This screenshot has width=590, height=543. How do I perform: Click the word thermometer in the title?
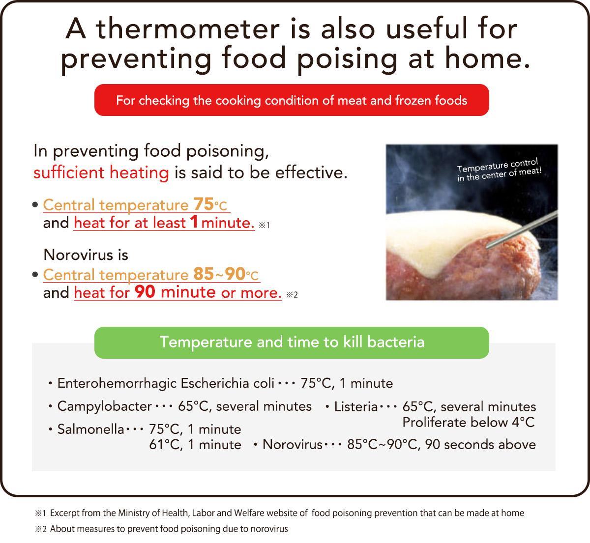click(188, 29)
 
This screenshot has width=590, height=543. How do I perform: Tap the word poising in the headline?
click(347, 58)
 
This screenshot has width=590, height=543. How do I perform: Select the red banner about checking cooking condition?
click(292, 100)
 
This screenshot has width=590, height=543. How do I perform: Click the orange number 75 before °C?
click(204, 204)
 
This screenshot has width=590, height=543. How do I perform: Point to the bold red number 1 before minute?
click(194, 222)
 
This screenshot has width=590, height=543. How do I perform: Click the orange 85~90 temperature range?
click(219, 274)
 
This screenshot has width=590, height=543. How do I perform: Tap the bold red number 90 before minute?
click(145, 291)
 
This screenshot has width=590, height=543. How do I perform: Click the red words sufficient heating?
click(101, 172)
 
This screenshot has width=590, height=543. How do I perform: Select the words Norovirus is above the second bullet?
click(86, 255)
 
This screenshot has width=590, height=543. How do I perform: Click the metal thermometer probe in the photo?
click(522, 229)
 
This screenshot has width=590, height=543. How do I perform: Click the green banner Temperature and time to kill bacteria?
click(292, 343)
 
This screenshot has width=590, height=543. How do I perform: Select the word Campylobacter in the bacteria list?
click(104, 406)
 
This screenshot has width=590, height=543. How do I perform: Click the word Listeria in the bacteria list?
click(356, 407)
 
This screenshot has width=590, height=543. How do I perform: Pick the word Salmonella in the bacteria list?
click(90, 429)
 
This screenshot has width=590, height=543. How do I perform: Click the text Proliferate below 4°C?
click(468, 423)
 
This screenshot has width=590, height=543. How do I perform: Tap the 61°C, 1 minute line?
click(195, 445)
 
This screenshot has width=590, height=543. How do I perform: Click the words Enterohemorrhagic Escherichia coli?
click(166, 383)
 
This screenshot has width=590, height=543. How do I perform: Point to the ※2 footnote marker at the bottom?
click(41, 529)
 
